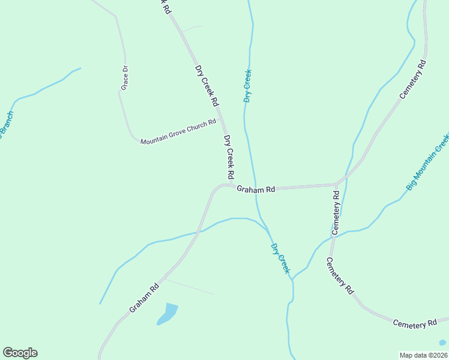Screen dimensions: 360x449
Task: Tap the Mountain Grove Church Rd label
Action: coord(178,132)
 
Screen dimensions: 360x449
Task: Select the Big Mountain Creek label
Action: coord(427,163)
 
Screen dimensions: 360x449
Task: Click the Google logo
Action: coord(20,353)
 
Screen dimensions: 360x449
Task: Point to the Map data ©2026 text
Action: coord(423,355)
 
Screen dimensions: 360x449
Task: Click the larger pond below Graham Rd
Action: coord(168,314)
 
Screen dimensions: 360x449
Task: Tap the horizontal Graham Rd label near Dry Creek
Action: coord(255,189)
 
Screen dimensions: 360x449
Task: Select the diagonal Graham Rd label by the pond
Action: coord(144,298)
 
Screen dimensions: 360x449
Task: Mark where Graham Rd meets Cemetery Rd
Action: coord(336,185)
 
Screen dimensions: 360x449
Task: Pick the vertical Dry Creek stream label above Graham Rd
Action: coord(247,86)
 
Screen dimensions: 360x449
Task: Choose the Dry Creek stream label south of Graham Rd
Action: coord(280,259)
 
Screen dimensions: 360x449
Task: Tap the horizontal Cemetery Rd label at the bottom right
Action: coord(415,323)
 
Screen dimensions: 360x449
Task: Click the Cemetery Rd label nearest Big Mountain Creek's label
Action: coord(336,212)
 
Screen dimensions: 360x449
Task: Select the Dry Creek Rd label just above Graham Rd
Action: coord(228,157)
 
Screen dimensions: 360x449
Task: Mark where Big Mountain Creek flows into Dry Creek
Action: coord(293,280)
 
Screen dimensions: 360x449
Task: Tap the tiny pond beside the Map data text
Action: coord(442,343)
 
